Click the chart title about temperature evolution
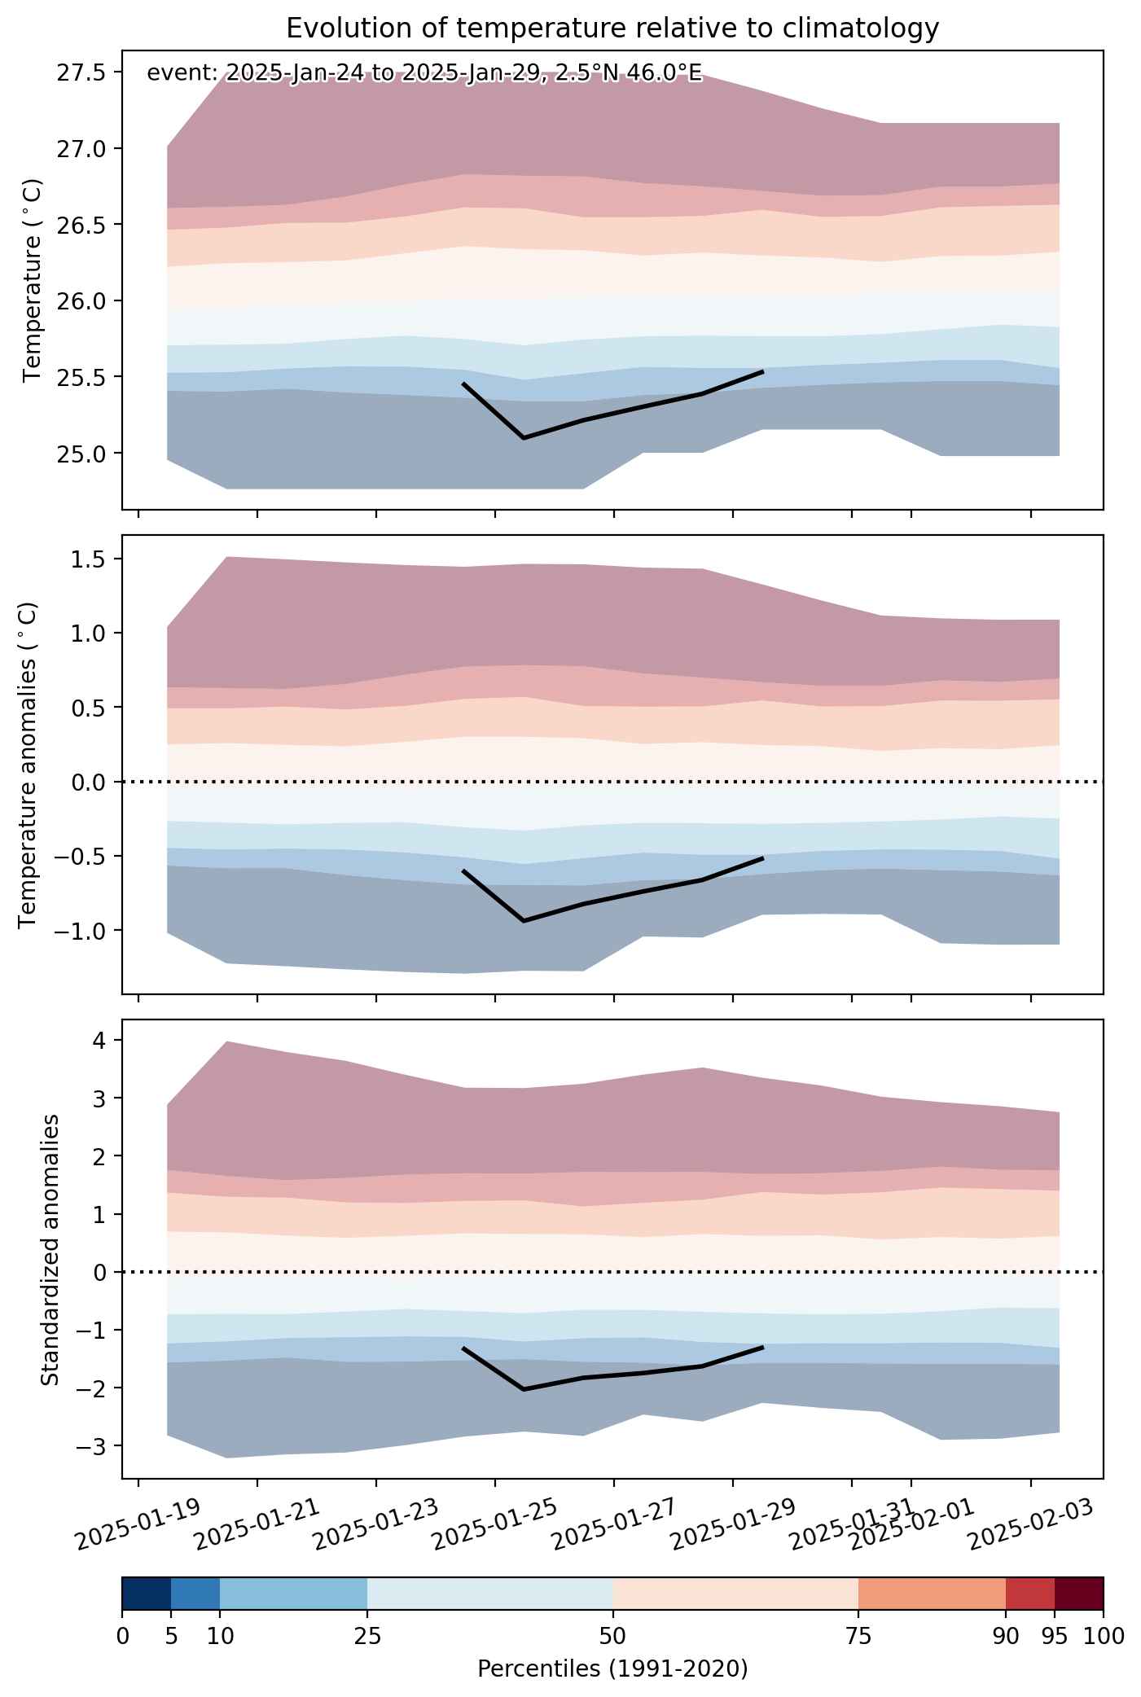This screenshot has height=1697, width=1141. [x=612, y=29]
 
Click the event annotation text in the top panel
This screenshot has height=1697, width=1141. [x=423, y=73]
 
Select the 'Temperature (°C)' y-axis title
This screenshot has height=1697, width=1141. [x=33, y=280]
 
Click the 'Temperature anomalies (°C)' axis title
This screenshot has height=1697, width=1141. [x=29, y=765]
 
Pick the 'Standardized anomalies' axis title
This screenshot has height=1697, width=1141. [x=50, y=1250]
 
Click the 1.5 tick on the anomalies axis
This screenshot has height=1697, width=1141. [x=90, y=559]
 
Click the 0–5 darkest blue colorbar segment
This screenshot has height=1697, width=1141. [x=147, y=1594]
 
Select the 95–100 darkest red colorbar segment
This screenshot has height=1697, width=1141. [x=1079, y=1594]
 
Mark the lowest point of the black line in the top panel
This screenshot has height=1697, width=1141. [x=523, y=438]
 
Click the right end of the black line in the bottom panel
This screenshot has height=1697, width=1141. [x=762, y=1347]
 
